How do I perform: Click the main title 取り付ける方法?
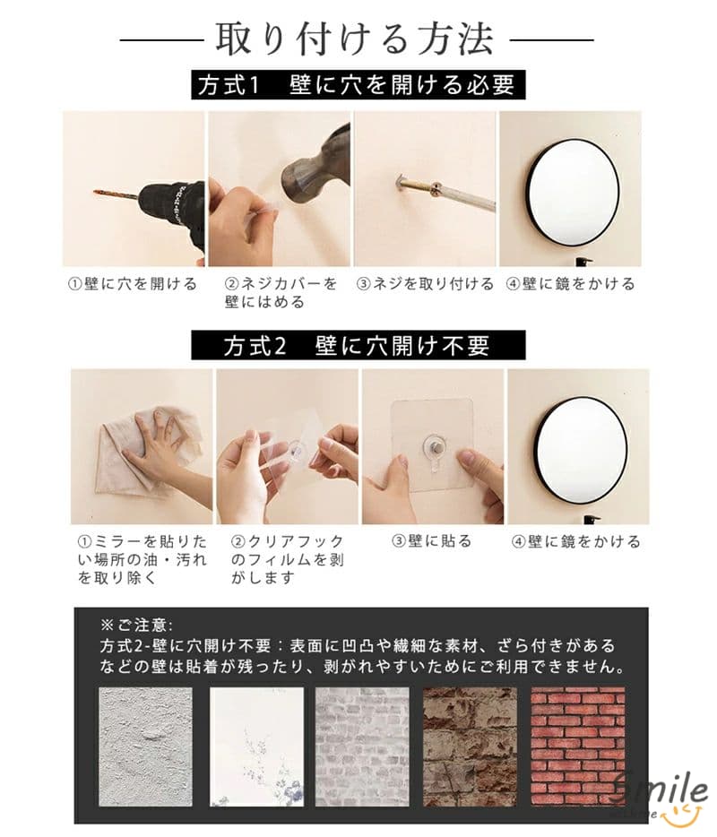(x=354, y=39)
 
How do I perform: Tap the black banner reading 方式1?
(x=358, y=85)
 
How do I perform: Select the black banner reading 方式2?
(x=358, y=345)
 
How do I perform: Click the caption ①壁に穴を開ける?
(x=133, y=283)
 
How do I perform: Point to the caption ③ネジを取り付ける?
(x=425, y=283)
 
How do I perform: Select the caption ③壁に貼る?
(x=432, y=541)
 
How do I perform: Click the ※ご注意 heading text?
(x=136, y=625)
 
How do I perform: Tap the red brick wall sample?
(x=578, y=746)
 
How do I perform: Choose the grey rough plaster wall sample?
(x=145, y=746)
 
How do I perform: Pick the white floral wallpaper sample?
(x=256, y=746)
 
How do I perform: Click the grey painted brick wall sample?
(x=362, y=746)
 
